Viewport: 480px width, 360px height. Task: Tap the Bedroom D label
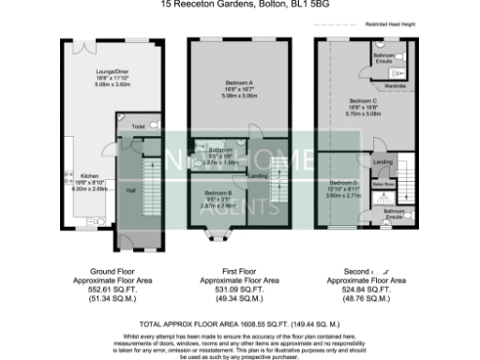(x=343, y=182)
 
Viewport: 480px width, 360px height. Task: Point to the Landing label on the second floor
(x=382, y=162)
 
